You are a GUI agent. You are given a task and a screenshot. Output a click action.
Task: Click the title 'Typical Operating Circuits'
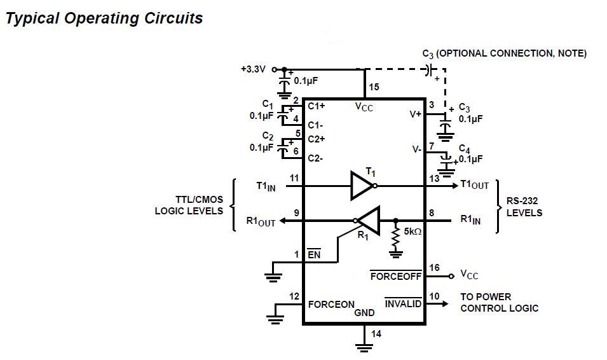coord(104,18)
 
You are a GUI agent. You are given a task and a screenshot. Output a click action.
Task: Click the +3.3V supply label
coord(253,69)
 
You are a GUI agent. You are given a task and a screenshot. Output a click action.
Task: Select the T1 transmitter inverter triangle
coord(362,186)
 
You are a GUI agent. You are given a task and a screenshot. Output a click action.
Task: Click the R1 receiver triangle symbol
coord(368,221)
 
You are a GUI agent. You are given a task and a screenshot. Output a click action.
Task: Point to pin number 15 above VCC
coord(374,88)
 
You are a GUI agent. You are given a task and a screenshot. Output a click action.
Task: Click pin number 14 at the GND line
coord(376,333)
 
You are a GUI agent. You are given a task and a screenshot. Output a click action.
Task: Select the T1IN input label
coord(266,186)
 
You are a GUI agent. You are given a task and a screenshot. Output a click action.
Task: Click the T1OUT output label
coord(474,184)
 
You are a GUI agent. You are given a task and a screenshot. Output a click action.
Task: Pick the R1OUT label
coord(261,221)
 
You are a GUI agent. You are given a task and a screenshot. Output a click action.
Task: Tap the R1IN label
coord(470,220)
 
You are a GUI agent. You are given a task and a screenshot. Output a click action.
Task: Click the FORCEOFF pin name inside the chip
coord(395,275)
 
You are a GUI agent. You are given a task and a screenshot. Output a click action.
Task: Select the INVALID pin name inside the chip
coord(403,303)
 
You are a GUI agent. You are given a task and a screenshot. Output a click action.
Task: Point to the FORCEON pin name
coord(331,304)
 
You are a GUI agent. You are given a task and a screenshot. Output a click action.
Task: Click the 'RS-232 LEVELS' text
coord(524,207)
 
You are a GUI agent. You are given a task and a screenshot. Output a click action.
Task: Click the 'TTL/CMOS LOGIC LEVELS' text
coord(189,205)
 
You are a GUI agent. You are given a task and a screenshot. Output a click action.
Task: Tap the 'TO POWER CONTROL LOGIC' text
coord(499,303)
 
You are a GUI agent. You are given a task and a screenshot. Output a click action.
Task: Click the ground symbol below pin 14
coord(364,347)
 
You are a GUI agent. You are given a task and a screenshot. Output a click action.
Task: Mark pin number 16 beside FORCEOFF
coord(434,268)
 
